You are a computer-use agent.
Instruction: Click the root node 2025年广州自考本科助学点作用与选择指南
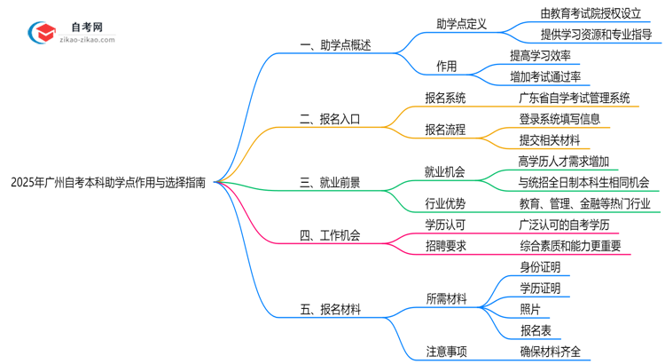107,183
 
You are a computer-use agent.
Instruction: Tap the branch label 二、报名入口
330,117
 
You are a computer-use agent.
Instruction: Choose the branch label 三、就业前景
330,183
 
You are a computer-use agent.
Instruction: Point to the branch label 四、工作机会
330,235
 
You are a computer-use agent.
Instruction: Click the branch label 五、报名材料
330,310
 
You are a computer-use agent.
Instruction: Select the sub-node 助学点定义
461,24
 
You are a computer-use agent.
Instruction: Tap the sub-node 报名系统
445,98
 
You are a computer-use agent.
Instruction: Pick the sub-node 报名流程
445,130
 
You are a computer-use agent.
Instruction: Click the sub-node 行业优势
445,203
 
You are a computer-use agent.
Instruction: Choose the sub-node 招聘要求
445,246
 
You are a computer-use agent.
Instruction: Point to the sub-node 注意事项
445,351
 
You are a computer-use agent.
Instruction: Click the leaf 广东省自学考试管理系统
575,98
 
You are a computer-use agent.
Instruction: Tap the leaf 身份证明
540,267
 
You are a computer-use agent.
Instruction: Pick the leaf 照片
532,309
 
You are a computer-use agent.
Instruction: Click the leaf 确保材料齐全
551,351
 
